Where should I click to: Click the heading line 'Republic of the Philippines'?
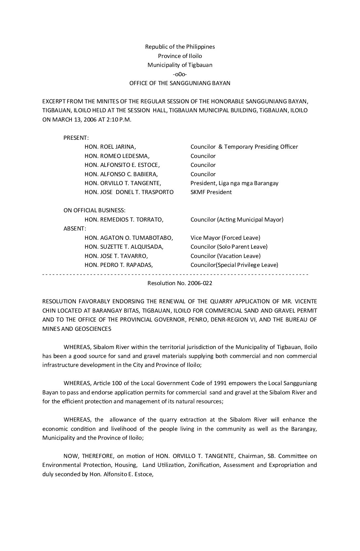[x=180, y=47]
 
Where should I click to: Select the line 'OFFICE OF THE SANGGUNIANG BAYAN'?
[x=180, y=83]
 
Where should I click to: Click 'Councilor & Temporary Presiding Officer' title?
[x=244, y=147]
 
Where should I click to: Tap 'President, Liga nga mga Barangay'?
[x=234, y=183]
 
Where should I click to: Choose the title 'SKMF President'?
[x=211, y=192]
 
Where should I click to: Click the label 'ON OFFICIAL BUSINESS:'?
[x=94, y=210]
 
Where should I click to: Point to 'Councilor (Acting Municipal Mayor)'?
[x=237, y=220]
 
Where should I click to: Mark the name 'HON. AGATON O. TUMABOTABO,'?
[x=129, y=238]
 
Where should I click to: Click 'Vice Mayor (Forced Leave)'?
[x=225, y=238]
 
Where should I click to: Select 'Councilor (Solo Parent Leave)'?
[x=229, y=247]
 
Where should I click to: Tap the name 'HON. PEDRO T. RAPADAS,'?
[x=119, y=265]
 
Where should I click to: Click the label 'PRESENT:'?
[x=76, y=138]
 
